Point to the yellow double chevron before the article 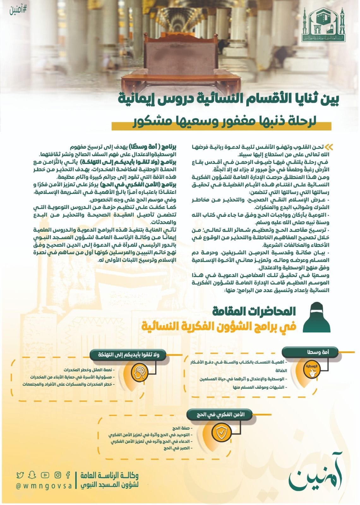(x=329, y=147)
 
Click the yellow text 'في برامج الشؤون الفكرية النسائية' (x=219, y=326)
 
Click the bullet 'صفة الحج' (x=180, y=429)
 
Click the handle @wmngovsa (x=44, y=486)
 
